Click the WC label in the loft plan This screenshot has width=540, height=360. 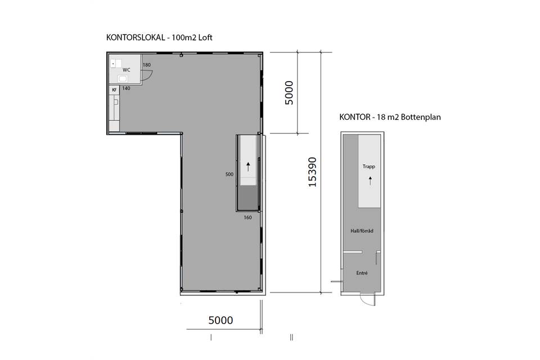pyautogui.click(x=127, y=70)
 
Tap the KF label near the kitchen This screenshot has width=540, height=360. pyautogui.click(x=114, y=90)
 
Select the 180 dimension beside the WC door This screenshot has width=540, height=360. pyautogui.click(x=147, y=65)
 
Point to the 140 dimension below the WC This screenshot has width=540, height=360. pyautogui.click(x=126, y=88)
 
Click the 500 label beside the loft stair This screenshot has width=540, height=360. pyautogui.click(x=229, y=174)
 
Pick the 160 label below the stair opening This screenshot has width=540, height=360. pyautogui.click(x=247, y=217)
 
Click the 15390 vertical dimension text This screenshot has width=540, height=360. pyautogui.click(x=312, y=172)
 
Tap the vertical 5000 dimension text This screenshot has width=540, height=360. pyautogui.click(x=289, y=93)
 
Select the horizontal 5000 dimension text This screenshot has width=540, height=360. pyautogui.click(x=220, y=321)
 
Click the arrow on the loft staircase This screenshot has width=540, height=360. pyautogui.click(x=248, y=166)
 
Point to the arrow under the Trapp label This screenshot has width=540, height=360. pyautogui.click(x=370, y=181)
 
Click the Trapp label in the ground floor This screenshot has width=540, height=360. pyautogui.click(x=368, y=166)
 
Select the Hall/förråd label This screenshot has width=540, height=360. pyautogui.click(x=362, y=231)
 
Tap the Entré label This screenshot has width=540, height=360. pyautogui.click(x=362, y=273)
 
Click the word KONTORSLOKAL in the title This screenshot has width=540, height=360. pyautogui.click(x=136, y=38)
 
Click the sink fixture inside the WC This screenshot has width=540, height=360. pyautogui.click(x=123, y=79)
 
